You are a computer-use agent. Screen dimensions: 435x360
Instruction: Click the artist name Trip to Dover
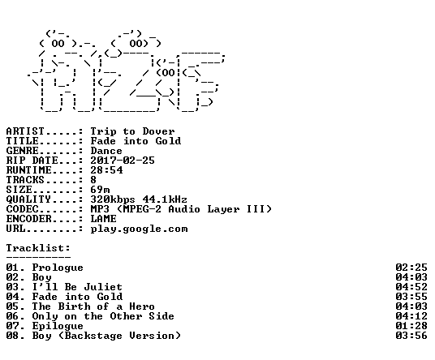coord(132,131)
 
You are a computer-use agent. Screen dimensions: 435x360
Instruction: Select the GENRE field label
coord(23,151)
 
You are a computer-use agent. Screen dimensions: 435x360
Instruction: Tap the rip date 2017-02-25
coord(123,161)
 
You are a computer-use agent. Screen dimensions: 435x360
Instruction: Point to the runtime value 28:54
coord(106,170)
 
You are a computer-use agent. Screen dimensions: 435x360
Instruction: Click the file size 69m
coord(100,190)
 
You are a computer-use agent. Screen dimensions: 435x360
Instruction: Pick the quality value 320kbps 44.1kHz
coord(139,199)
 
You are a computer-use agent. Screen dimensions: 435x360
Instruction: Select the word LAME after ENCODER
coord(104,219)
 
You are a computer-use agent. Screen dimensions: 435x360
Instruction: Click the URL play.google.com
coord(139,229)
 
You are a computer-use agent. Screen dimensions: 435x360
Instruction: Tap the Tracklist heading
coord(38,248)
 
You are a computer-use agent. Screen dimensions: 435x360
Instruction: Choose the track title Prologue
coord(58,268)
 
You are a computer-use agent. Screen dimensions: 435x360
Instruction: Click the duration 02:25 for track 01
coord(411,268)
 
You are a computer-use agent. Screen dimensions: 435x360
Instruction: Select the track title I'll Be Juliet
coord(77,287)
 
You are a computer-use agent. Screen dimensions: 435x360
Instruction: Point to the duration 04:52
coord(411,287)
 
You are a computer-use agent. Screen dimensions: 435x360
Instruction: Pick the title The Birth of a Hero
coord(93,306)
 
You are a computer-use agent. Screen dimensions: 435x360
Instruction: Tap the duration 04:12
coord(411,316)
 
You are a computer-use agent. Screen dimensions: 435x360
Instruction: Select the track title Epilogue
coord(58,326)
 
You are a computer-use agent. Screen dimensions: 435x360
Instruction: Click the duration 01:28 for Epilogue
coord(411,326)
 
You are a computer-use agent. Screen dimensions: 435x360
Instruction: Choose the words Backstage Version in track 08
coord(119,336)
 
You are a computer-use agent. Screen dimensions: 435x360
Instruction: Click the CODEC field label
coord(23,209)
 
